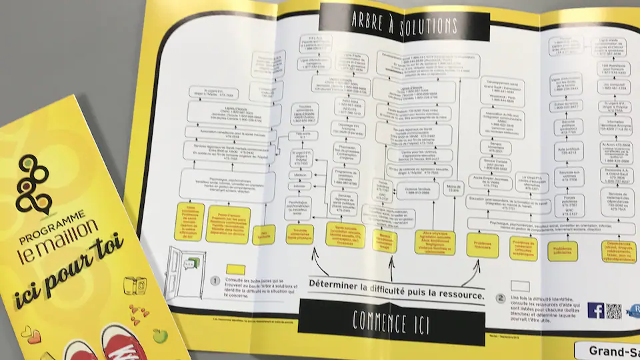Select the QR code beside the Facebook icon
[614, 311]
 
